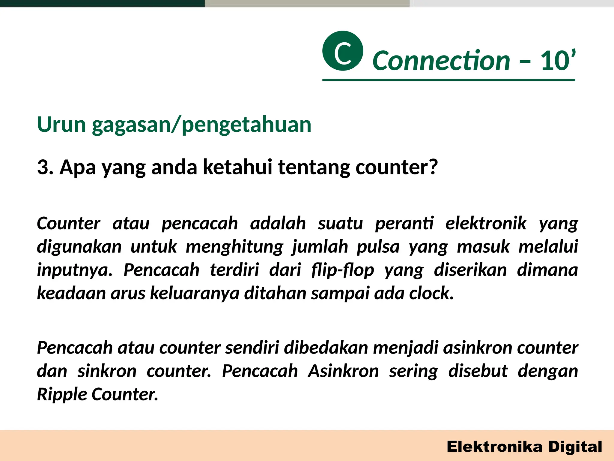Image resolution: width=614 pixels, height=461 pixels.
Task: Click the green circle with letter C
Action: coord(343,51)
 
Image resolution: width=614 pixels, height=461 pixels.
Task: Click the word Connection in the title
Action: coord(441,61)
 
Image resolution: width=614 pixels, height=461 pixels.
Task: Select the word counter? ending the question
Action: coord(397,167)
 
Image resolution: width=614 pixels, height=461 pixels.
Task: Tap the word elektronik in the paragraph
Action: coord(486,224)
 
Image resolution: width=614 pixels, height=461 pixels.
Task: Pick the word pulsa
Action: coord(378,247)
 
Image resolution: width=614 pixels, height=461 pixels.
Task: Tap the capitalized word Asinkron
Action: coord(344,371)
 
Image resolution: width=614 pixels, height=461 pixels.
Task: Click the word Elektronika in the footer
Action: coord(495,447)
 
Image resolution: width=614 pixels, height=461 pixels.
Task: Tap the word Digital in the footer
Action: coord(575,447)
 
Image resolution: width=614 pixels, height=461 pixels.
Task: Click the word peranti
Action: coord(404,224)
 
